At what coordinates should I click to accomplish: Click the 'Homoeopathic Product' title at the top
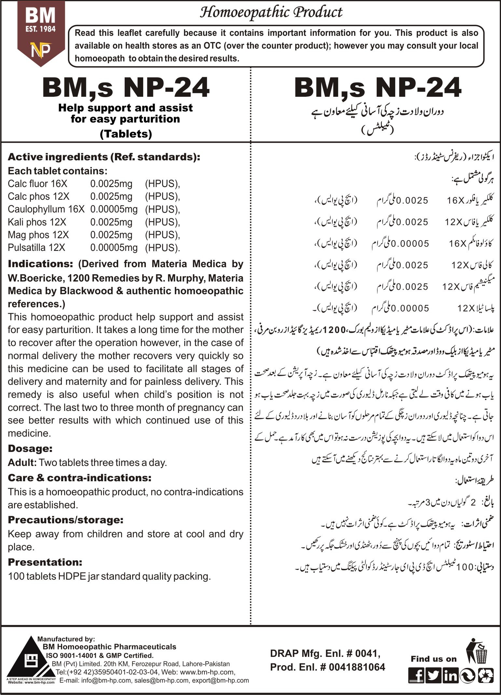[x=271, y=12]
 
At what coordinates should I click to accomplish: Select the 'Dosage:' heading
[x=30, y=449]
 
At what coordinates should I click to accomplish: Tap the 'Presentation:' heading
[x=45, y=562]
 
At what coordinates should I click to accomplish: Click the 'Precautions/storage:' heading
[x=65, y=520]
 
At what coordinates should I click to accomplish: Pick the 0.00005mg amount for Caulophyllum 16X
[x=114, y=209]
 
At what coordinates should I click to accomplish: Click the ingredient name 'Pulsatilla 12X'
[x=36, y=248]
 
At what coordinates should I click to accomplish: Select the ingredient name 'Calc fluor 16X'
[x=37, y=184]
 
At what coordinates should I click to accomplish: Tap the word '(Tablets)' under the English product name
[x=126, y=134]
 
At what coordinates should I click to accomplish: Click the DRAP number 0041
[x=367, y=653]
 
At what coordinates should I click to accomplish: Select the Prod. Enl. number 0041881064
[x=357, y=667]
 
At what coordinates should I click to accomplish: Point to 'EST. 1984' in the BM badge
[x=41, y=29]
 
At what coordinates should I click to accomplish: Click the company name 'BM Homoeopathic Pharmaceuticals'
[x=109, y=647]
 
